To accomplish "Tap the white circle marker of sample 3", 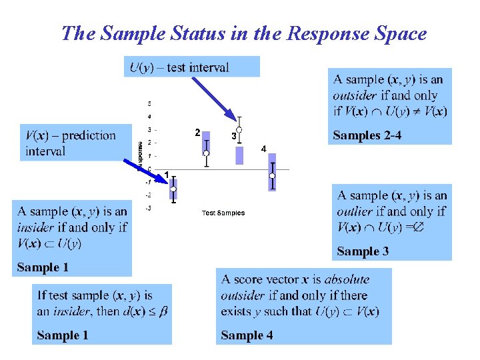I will [x=239, y=129].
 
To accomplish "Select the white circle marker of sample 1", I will [x=173, y=189].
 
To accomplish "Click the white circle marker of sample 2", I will [x=207, y=153].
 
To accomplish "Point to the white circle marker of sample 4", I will [x=272, y=176].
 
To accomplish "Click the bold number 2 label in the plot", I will [x=197, y=133].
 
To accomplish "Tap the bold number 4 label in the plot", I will [x=264, y=149].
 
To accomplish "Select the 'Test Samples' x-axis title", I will [x=223, y=213].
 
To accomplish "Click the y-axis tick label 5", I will [x=149, y=104].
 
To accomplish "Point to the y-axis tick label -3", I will [x=149, y=208].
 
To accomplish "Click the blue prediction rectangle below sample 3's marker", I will [x=239, y=156].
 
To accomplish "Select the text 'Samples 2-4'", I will [x=367, y=135].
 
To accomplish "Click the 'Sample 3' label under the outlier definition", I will [x=363, y=251].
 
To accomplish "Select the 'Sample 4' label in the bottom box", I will [x=247, y=335].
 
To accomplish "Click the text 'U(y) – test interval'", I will [x=179, y=67].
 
